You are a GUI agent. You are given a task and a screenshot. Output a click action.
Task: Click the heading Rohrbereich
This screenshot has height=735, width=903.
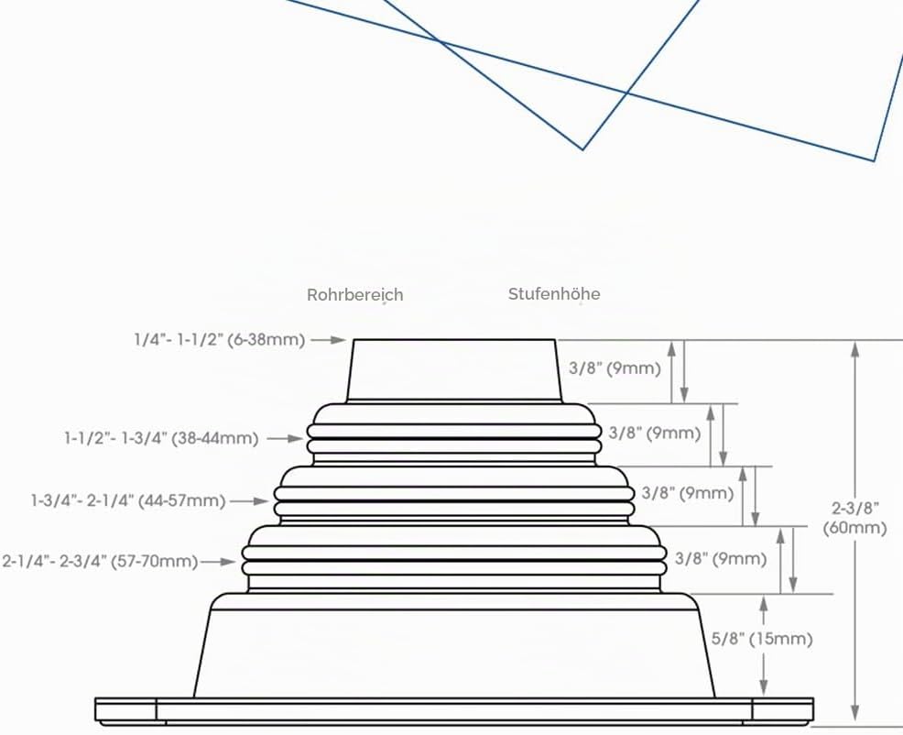(x=354, y=294)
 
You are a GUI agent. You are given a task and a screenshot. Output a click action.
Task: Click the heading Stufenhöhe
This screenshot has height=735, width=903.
(x=554, y=293)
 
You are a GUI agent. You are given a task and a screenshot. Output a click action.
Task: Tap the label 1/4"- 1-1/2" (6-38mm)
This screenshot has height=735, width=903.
(x=220, y=339)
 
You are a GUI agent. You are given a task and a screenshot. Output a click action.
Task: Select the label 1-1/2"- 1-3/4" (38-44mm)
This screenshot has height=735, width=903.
(x=161, y=438)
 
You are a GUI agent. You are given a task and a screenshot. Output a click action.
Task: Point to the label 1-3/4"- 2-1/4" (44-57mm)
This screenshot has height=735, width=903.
(x=128, y=500)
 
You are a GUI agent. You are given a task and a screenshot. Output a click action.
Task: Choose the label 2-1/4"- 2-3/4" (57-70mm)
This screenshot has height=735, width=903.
(x=100, y=561)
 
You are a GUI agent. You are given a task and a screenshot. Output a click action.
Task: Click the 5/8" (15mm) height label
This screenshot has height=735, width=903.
(x=762, y=639)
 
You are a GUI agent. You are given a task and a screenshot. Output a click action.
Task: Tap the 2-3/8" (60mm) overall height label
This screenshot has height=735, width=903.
(x=854, y=518)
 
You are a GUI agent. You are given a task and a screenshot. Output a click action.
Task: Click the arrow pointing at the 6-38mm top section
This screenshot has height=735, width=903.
(x=328, y=340)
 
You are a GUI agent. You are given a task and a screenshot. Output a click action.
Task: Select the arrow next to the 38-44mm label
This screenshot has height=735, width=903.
(x=285, y=439)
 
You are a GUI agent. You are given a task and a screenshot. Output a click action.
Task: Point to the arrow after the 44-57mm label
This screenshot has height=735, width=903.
(x=250, y=501)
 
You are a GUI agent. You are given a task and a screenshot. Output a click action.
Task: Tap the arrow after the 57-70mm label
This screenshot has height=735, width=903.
(x=218, y=562)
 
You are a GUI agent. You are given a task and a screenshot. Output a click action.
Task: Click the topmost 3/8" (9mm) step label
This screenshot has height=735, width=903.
(x=615, y=367)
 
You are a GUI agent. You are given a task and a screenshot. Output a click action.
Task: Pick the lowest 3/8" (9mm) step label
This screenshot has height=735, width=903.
(x=721, y=559)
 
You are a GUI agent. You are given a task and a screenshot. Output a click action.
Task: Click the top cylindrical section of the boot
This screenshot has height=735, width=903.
(x=454, y=370)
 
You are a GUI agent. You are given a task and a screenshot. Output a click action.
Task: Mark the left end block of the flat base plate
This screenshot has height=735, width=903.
(x=125, y=710)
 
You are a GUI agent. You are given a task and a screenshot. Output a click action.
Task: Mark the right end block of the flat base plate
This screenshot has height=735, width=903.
(x=783, y=710)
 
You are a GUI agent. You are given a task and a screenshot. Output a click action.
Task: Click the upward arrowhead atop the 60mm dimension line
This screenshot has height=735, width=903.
(x=855, y=349)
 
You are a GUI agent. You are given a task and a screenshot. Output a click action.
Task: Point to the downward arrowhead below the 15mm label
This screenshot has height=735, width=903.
(x=764, y=687)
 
